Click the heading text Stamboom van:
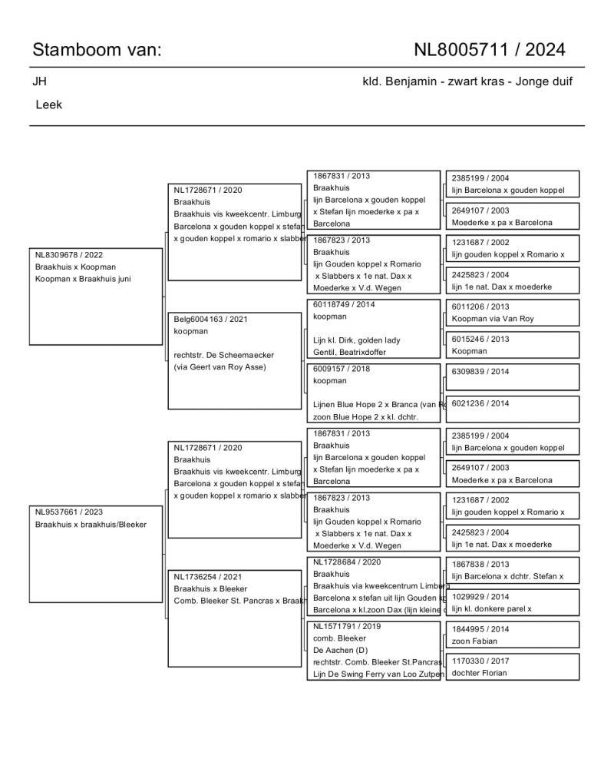pos(97,50)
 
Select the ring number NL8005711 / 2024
pos(490,50)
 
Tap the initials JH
pos(39,81)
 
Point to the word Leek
pos(49,104)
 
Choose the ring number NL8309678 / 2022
pos(69,254)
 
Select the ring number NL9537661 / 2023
pos(69,512)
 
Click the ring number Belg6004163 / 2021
pos(212,319)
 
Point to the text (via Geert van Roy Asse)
pos(220,366)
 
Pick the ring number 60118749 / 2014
pos(344,304)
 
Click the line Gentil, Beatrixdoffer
pos(349,352)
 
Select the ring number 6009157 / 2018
pos(342,368)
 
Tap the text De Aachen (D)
pos(341,650)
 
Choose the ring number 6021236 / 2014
pos(480,403)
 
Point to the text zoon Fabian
pos(474,641)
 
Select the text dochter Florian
pos(479,673)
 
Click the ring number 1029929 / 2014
pos(480,597)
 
